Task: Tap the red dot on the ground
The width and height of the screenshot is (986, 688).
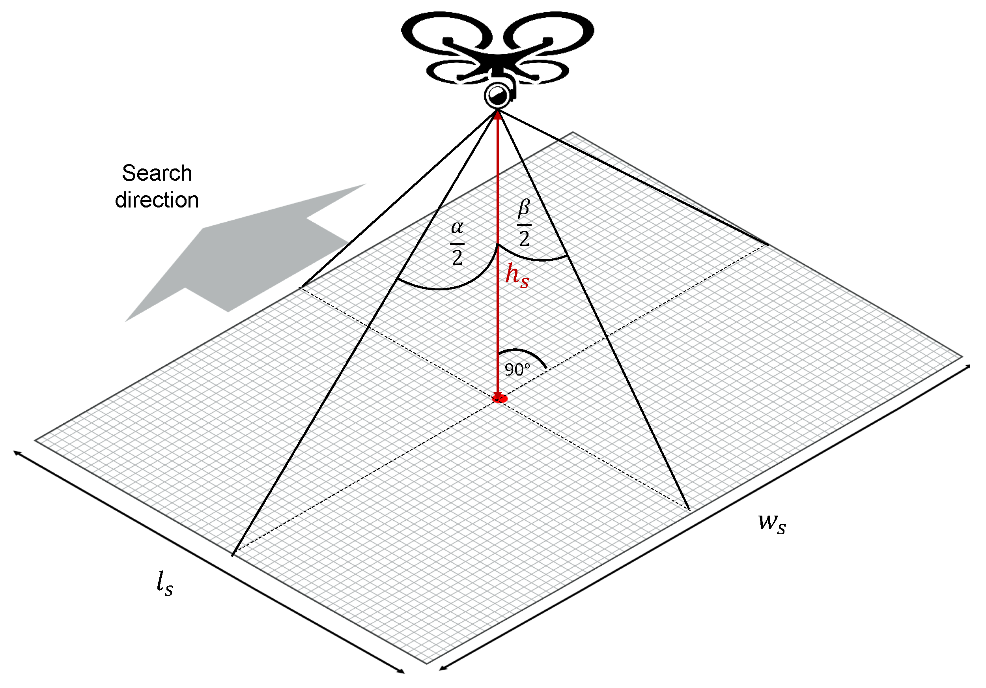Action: click(499, 399)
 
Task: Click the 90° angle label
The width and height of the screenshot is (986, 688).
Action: click(517, 369)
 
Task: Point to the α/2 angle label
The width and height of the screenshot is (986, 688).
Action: click(458, 243)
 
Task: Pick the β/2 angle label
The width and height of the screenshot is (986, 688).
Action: click(524, 223)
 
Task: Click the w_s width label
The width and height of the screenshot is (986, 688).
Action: click(772, 523)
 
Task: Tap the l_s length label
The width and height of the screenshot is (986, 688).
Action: click(165, 583)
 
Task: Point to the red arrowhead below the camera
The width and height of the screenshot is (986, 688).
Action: click(498, 115)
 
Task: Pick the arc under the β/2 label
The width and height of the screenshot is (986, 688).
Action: click(537, 259)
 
